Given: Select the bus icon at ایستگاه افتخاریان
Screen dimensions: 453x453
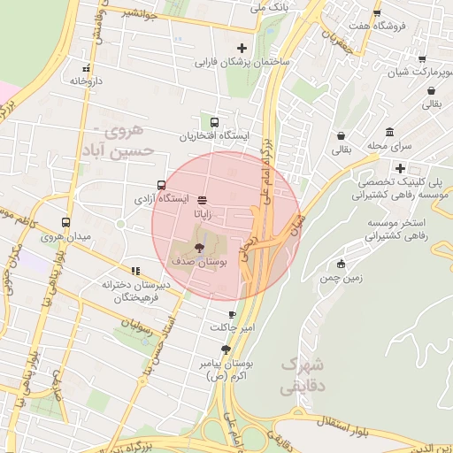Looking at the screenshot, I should click(214, 123).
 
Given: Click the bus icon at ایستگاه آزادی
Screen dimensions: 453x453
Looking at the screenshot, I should click(160, 186).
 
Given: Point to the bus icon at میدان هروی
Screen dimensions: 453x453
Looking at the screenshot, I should click(65, 223).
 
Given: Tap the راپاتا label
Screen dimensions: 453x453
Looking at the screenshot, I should click(204, 213).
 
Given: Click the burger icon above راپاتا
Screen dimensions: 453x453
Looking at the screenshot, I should click(203, 200).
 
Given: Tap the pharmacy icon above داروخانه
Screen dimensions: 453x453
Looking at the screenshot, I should click(86, 67).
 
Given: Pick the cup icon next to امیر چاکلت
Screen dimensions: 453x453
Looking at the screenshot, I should click(232, 313).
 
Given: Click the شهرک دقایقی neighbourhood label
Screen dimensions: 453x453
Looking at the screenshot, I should click(303, 375).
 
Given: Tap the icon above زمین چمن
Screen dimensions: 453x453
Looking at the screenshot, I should click(342, 264).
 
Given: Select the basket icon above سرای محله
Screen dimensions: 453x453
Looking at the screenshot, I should click(341, 135).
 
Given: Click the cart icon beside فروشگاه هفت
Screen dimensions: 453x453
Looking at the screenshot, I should click(377, 13).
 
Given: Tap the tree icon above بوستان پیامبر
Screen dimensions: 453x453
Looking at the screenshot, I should click(226, 349).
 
